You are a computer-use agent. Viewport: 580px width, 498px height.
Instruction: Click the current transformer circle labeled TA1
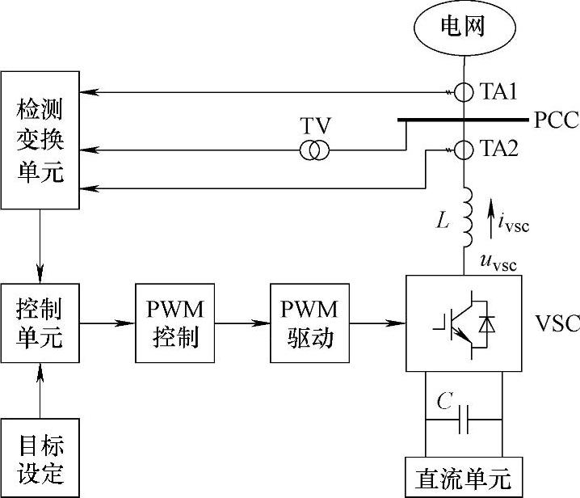pos(464,91)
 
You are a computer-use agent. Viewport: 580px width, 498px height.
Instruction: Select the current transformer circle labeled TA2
pos(464,150)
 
